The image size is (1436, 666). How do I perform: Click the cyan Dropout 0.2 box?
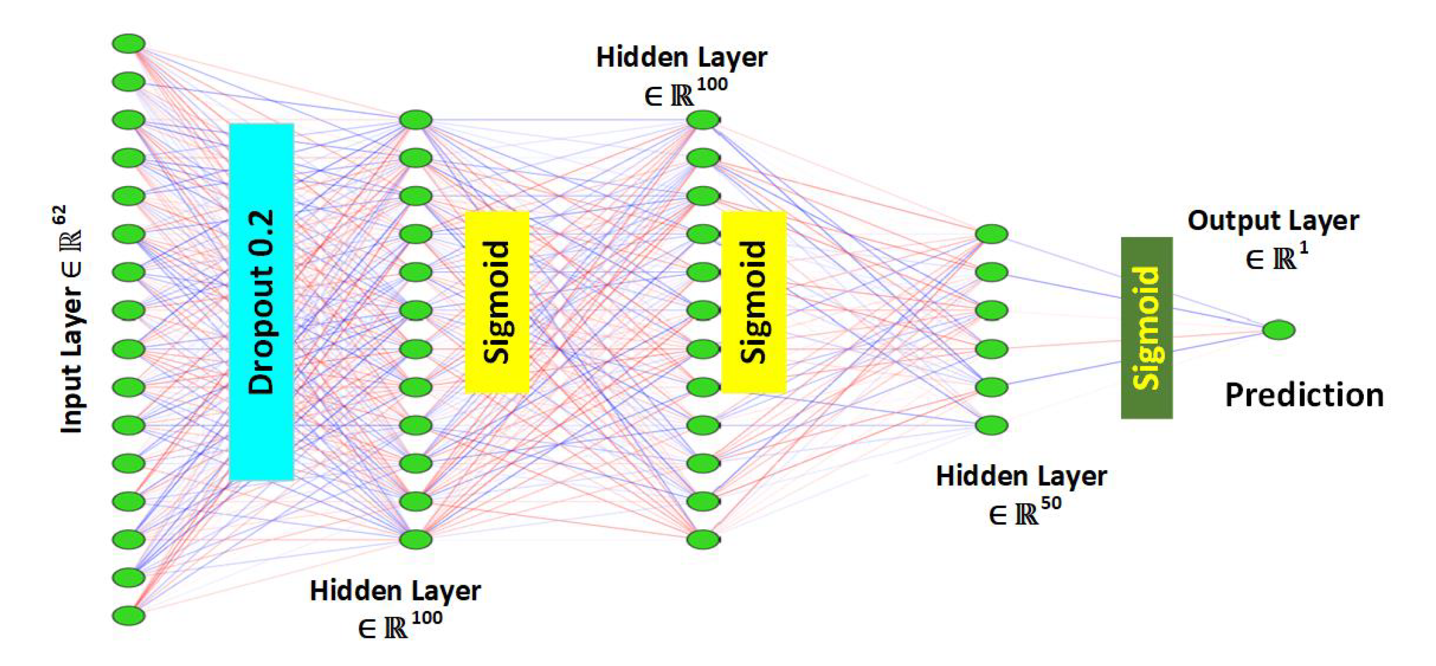pyautogui.click(x=262, y=301)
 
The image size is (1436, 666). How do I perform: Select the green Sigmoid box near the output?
pyautogui.click(x=1147, y=327)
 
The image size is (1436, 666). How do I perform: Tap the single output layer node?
pyautogui.click(x=1278, y=330)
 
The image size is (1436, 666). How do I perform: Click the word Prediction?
pyautogui.click(x=1304, y=396)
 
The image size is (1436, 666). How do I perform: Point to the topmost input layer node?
pyautogui.click(x=129, y=43)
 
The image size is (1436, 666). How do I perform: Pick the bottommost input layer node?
pyautogui.click(x=129, y=616)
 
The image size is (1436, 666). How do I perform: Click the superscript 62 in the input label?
pyautogui.click(x=60, y=215)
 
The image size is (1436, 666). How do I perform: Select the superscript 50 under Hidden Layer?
pyautogui.click(x=1051, y=504)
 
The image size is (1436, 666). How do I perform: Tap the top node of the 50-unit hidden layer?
pyautogui.click(x=992, y=234)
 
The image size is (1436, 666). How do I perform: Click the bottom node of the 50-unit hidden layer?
pyautogui.click(x=992, y=425)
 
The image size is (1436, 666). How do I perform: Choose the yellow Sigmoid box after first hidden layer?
pyautogui.click(x=497, y=302)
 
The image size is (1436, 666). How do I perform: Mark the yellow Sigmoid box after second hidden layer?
pyautogui.click(x=754, y=302)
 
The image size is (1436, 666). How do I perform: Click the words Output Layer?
pyautogui.click(x=1273, y=221)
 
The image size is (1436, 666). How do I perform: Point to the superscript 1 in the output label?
pyautogui.click(x=1303, y=248)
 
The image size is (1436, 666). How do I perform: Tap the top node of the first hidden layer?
pyautogui.click(x=416, y=120)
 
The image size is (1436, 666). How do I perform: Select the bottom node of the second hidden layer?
pyautogui.click(x=703, y=539)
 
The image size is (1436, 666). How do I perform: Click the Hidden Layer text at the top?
pyautogui.click(x=681, y=58)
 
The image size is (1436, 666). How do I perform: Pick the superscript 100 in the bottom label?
pyautogui.click(x=427, y=618)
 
